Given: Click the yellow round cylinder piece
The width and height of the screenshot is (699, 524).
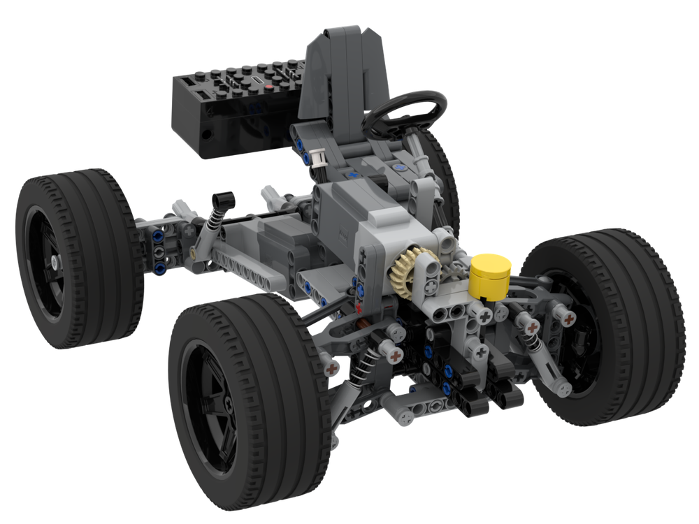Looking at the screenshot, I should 491,276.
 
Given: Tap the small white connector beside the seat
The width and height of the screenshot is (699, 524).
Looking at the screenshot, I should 319,159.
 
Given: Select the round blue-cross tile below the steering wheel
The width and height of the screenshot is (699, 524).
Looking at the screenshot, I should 399,168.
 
